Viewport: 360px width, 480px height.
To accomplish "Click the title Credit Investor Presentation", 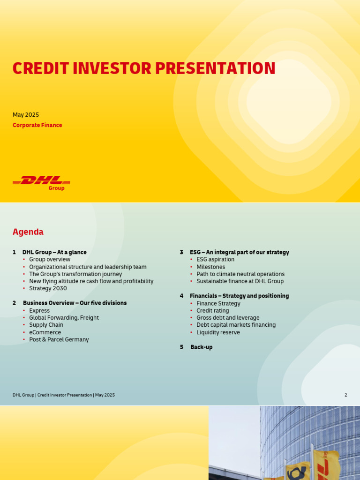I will coord(143,68).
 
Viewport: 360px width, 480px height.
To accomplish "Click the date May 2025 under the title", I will coord(26,115).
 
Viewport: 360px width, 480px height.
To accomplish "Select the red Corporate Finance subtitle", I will coord(37,125).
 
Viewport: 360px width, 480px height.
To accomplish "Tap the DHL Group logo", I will coord(41,182).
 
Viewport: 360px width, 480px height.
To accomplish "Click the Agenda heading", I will coord(28,232).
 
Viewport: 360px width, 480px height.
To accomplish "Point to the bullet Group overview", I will coord(50,260).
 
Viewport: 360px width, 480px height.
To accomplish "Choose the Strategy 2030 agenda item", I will coord(48,289).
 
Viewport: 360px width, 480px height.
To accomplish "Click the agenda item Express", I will coord(39,311).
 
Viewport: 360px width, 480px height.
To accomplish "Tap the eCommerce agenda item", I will coord(45,332).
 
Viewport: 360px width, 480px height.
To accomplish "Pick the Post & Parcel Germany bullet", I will coord(59,340).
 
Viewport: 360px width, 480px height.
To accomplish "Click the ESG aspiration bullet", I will coord(215,260).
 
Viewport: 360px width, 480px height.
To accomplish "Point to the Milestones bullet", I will coord(210,267).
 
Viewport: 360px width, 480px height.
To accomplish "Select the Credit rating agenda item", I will coord(213,311).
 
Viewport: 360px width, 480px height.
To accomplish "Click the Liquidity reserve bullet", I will coord(218,333).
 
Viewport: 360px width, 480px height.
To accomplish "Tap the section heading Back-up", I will coord(201,347).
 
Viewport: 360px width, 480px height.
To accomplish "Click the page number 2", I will coord(346,395).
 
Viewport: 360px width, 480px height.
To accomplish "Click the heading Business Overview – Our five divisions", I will coord(75,303).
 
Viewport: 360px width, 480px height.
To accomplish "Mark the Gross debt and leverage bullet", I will coord(228,318).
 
